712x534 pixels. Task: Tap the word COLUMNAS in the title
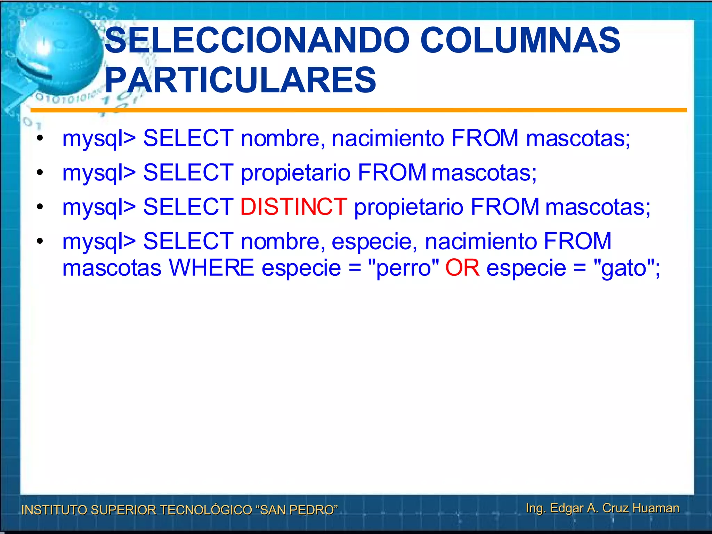[x=520, y=41]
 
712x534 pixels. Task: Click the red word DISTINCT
[x=294, y=207]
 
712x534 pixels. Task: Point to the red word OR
[x=462, y=268]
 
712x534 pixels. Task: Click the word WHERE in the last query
[x=211, y=268]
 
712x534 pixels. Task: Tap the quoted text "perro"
[x=403, y=268]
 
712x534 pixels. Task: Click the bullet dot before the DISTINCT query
[x=40, y=207]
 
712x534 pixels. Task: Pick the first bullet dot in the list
[x=40, y=138]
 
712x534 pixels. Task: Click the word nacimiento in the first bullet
[x=388, y=138]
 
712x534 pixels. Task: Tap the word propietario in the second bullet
[x=296, y=173]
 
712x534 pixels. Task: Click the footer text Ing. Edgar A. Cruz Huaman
[x=602, y=508]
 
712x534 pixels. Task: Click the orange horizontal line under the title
[x=358, y=110]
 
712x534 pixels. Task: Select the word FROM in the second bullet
[x=392, y=173]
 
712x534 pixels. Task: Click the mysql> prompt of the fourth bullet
[x=99, y=242]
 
